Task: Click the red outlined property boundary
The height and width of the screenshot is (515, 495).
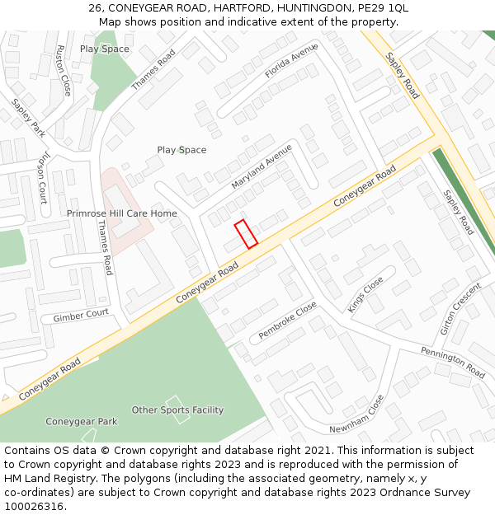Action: pos(246,234)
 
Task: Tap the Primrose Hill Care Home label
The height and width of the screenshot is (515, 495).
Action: pos(122,213)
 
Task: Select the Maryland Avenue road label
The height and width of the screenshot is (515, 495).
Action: pos(262,166)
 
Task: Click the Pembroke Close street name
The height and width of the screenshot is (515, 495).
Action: pos(287,321)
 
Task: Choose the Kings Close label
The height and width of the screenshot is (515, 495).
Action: pos(365,294)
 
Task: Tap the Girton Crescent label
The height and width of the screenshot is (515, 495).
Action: pos(460,309)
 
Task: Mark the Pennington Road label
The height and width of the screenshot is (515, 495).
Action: pos(453,363)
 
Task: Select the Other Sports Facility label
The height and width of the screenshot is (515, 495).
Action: pos(177,410)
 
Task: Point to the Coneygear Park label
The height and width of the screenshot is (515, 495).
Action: pos(81,422)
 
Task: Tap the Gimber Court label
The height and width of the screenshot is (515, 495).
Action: pos(81,316)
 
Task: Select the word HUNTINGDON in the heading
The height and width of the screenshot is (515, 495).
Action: pos(292,8)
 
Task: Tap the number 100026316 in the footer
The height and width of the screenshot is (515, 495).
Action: pos(34,506)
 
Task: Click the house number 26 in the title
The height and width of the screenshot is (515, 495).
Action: pos(95,8)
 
